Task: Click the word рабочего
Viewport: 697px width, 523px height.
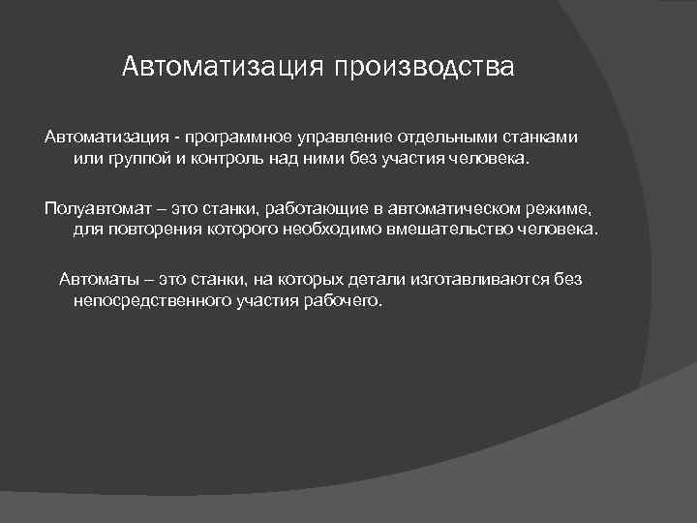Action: click(x=347, y=301)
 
